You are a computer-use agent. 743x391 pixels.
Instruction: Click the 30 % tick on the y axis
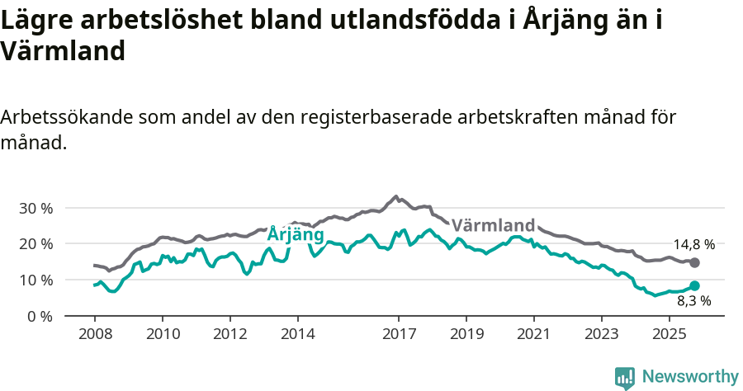[x=35, y=208]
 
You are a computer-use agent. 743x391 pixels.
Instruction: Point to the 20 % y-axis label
[x=35, y=244]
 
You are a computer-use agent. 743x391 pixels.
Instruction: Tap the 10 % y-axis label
[x=35, y=280]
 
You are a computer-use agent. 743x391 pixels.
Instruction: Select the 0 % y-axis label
[x=39, y=317]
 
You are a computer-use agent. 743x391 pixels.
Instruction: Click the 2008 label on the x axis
[x=94, y=336]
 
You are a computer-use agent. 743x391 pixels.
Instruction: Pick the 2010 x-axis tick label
[x=162, y=336]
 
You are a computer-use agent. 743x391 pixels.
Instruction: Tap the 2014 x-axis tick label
[x=297, y=336]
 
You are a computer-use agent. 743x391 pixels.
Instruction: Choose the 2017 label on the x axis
[x=399, y=336]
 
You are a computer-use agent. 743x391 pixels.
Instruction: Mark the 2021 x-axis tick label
[x=534, y=336]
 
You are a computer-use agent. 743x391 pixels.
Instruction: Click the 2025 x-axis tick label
[x=669, y=336]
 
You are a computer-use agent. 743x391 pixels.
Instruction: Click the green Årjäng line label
[x=295, y=235]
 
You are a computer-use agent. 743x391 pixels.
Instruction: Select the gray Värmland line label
[x=493, y=225]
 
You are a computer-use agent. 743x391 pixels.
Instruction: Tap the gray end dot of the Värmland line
[x=694, y=262]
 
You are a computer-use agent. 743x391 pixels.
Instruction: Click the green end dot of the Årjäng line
[x=694, y=285]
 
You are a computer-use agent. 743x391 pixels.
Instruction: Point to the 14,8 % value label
[x=693, y=244]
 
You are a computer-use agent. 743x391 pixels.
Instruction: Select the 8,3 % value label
[x=693, y=302]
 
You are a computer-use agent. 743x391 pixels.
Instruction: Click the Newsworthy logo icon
[x=625, y=377]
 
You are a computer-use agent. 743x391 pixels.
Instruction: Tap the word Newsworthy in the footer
[x=689, y=377]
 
